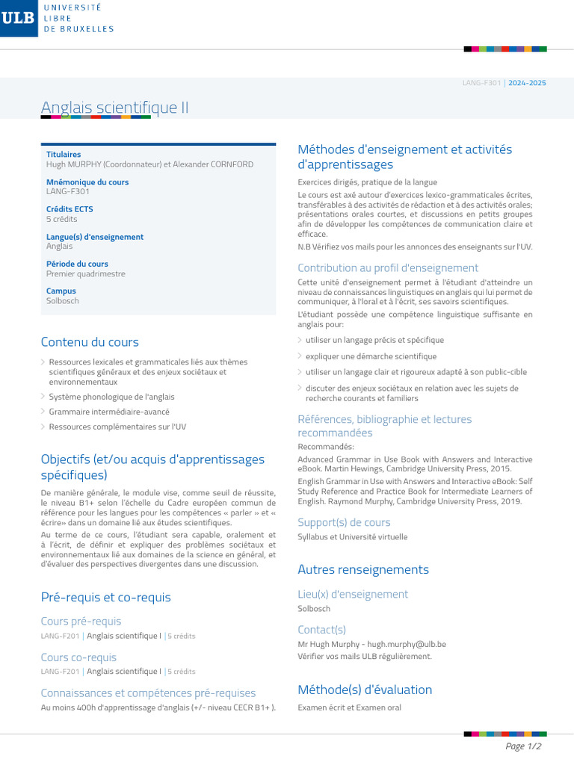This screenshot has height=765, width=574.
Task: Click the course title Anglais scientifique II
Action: click(114, 108)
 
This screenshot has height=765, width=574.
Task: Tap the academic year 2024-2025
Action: click(527, 83)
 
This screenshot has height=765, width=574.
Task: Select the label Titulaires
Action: click(64, 155)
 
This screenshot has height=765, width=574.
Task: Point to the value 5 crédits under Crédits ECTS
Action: click(61, 219)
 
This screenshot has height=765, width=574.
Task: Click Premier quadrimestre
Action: click(86, 273)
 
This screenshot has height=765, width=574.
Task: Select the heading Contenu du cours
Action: click(90, 342)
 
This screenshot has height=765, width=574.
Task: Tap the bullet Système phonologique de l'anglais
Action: click(111, 397)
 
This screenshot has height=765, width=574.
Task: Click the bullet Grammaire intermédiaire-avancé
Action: click(109, 412)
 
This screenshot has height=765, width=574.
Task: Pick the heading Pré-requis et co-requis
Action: click(105, 597)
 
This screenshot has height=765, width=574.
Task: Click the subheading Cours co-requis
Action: click(78, 657)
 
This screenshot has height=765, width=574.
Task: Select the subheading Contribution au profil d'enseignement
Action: click(388, 267)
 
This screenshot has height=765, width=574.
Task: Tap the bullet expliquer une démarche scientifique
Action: click(371, 356)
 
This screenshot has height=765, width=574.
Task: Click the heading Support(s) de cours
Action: click(344, 522)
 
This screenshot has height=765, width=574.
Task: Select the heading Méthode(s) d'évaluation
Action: click(365, 690)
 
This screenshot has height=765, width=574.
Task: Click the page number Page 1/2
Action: click(523, 746)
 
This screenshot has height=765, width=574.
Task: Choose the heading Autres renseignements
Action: click(363, 569)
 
